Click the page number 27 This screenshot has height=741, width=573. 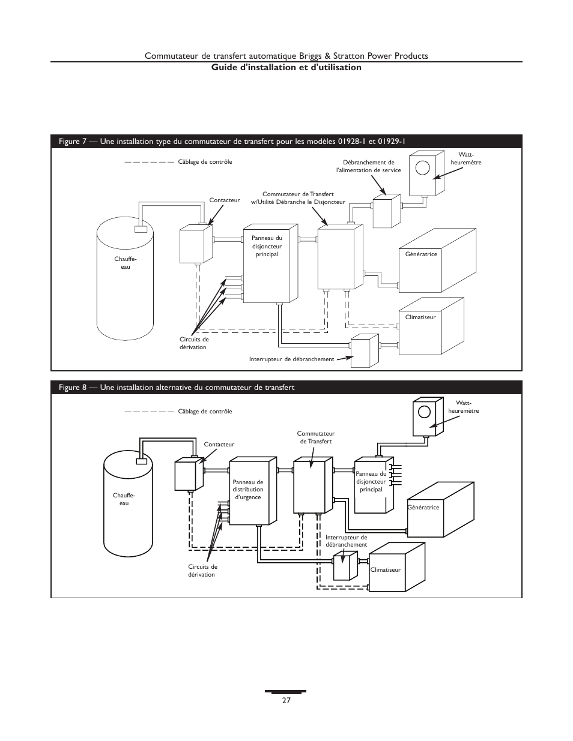coord(286,700)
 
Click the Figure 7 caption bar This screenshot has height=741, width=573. coord(286,141)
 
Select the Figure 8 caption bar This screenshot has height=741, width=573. coord(286,388)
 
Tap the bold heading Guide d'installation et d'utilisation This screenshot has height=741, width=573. coord(286,67)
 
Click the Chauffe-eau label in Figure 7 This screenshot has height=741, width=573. coord(126,263)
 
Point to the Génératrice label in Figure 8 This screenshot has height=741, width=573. coord(423,508)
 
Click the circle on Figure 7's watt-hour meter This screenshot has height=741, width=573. coord(422,167)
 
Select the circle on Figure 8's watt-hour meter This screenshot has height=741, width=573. coord(424,412)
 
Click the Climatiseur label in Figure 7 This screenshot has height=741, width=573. coord(420,317)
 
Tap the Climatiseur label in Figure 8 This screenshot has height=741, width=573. coord(385,570)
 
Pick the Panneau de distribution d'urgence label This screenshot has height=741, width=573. coord(248,490)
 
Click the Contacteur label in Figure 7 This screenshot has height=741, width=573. coord(225,200)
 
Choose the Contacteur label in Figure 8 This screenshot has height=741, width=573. coord(219,445)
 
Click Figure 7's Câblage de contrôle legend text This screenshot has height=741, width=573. coord(205,161)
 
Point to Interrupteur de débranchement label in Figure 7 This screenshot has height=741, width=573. coord(292,359)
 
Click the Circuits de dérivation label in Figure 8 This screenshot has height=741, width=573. coord(202,571)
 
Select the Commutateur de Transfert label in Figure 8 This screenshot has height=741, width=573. coord(316,437)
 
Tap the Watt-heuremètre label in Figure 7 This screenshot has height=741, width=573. coord(466,158)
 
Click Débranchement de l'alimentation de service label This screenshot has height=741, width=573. coord(369,166)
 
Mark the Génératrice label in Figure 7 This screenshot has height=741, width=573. coord(421,254)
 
